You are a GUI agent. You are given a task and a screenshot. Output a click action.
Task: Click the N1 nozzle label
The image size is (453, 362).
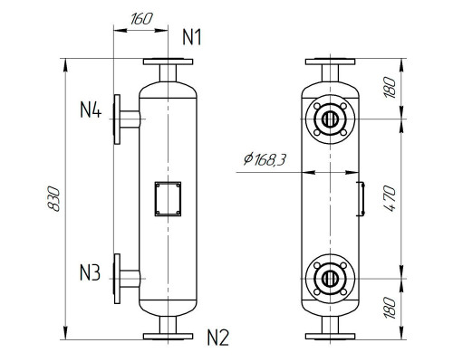pyautogui.click(x=191, y=37)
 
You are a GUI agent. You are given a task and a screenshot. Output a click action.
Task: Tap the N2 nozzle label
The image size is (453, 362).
pyautogui.click(x=217, y=338)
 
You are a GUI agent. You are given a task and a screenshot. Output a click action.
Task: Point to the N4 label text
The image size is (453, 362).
pyautogui.click(x=90, y=111)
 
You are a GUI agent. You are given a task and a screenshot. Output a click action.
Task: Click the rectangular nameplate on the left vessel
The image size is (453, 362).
pyautogui.click(x=167, y=197)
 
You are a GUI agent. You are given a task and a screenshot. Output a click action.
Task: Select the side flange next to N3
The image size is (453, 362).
pyautogui.click(x=118, y=279)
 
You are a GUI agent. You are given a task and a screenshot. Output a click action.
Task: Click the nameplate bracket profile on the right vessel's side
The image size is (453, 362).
pyautogui.click(x=360, y=197)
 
